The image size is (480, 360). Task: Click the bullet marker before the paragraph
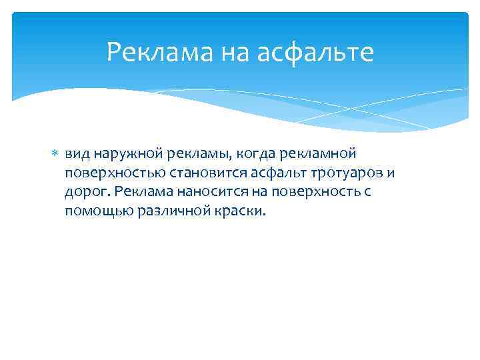(55, 153)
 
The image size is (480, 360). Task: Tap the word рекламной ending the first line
(315, 153)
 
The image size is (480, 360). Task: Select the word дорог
(85, 193)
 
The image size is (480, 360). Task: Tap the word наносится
(209, 192)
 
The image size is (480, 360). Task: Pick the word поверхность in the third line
(307, 193)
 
